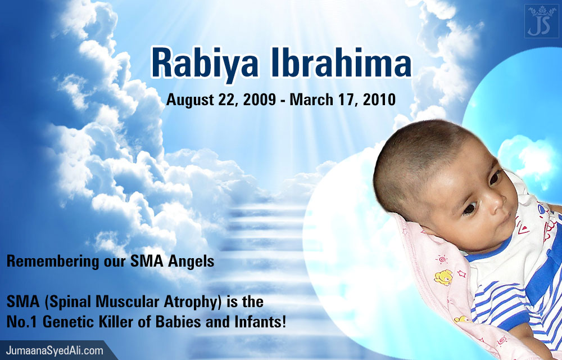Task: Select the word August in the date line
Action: click(x=190, y=100)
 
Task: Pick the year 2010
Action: click(x=379, y=100)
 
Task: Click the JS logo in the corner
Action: click(x=542, y=21)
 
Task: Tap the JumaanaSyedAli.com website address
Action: click(x=55, y=350)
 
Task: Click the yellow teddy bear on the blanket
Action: click(x=443, y=277)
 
